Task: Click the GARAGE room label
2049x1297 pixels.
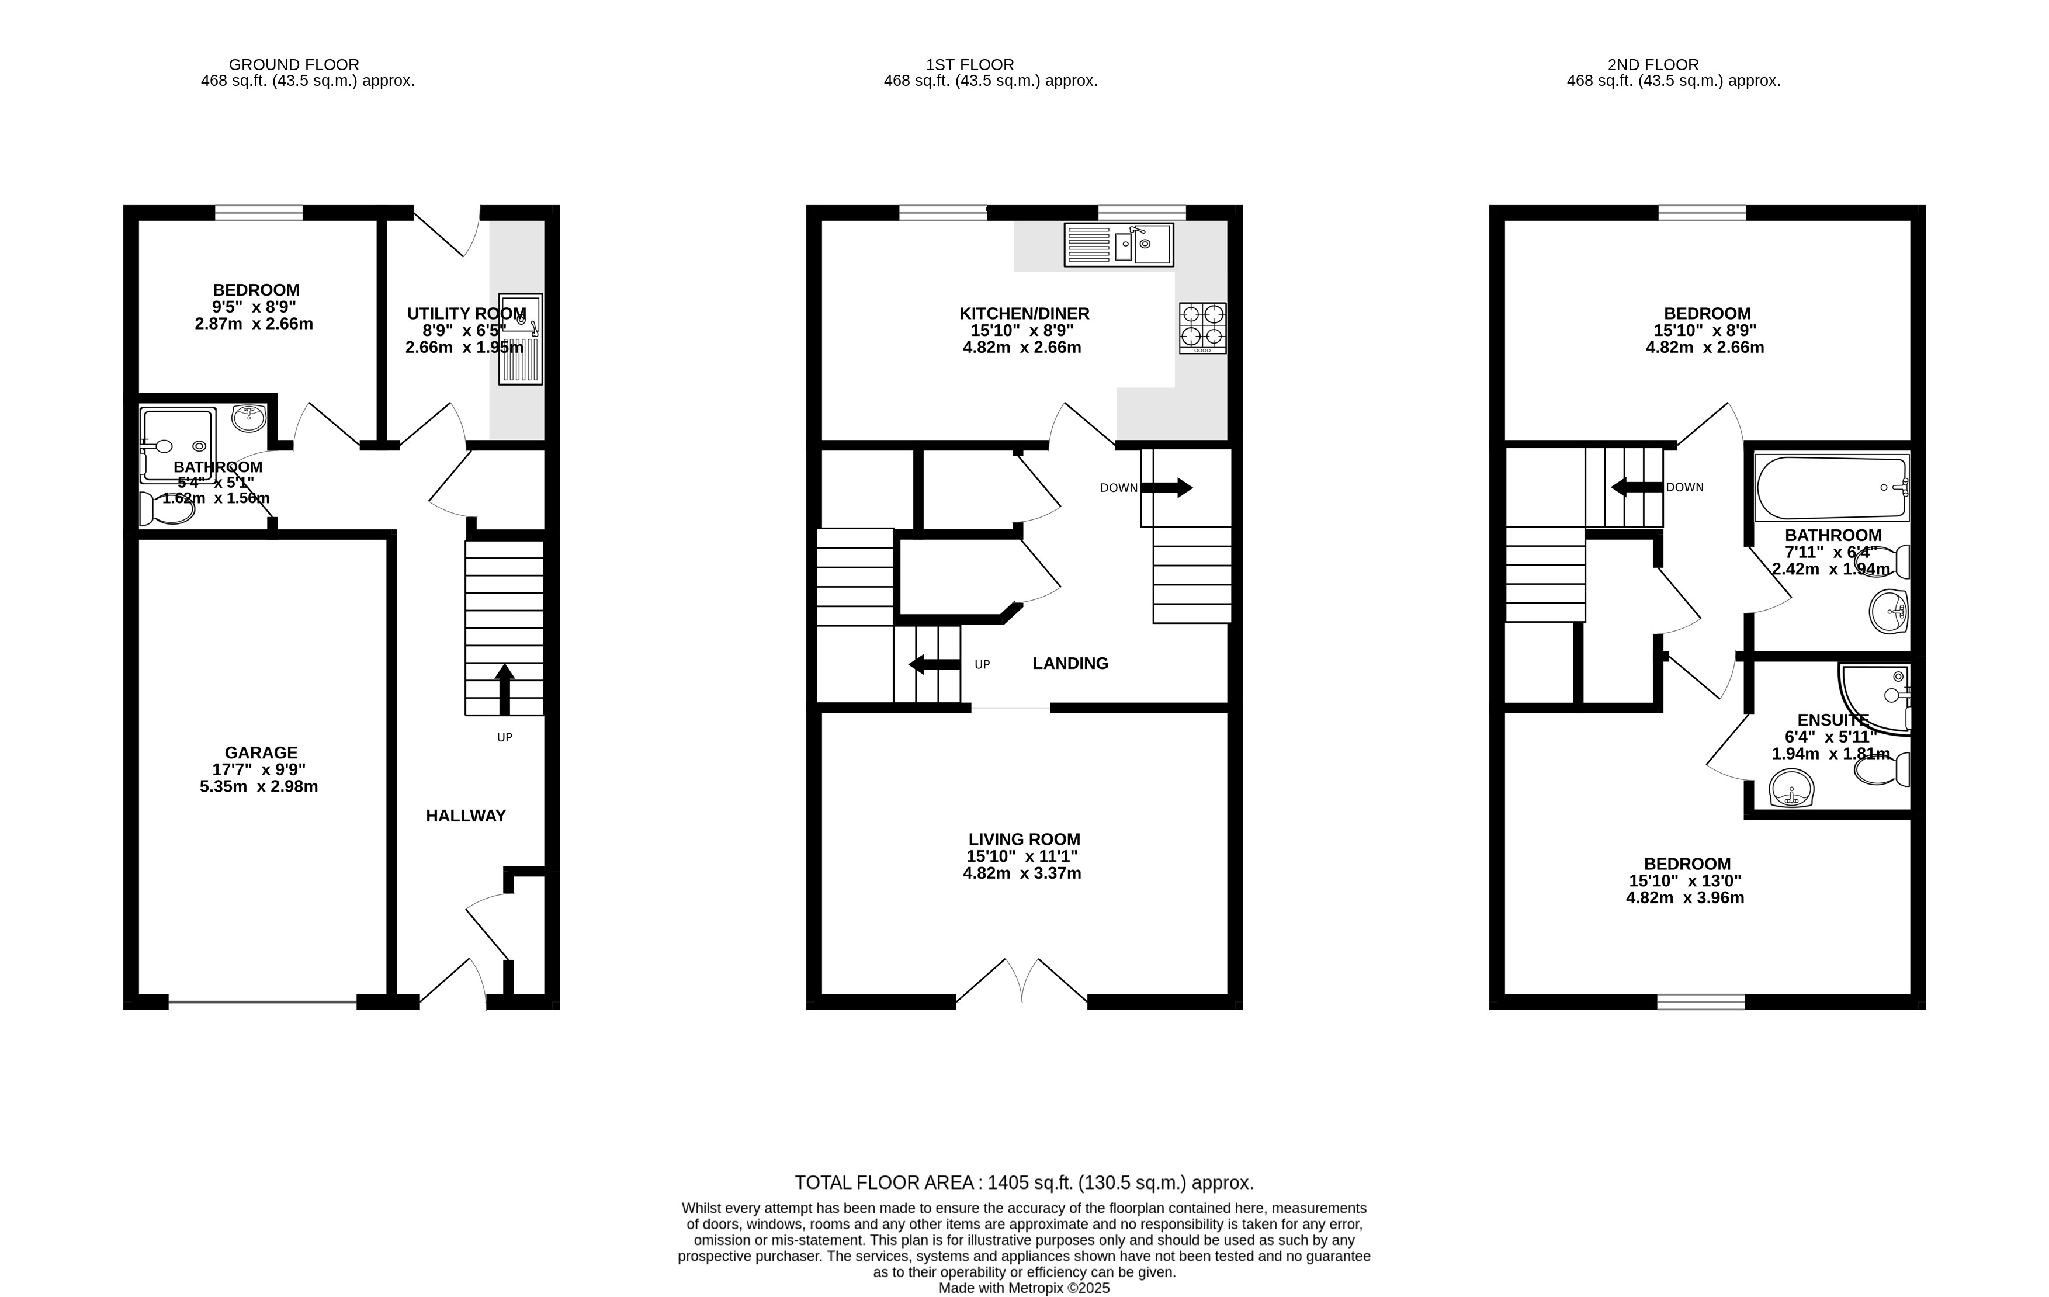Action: pyautogui.click(x=261, y=752)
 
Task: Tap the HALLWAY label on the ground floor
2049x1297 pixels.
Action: pyautogui.click(x=466, y=816)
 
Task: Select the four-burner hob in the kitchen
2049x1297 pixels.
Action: pyautogui.click(x=1202, y=328)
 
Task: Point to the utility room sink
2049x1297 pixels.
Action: pyautogui.click(x=521, y=339)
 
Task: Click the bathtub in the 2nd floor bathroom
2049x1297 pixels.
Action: pyautogui.click(x=1832, y=488)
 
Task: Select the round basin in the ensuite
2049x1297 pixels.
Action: pyautogui.click(x=1791, y=788)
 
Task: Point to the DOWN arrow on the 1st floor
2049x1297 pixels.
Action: pyautogui.click(x=1167, y=488)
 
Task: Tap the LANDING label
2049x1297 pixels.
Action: pyautogui.click(x=1070, y=663)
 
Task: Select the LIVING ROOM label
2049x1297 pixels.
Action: pyautogui.click(x=1025, y=839)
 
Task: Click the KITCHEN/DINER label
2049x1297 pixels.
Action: pyautogui.click(x=1025, y=313)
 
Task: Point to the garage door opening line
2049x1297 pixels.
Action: pyautogui.click(x=262, y=1003)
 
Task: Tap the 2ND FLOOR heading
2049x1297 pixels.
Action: pyautogui.click(x=1653, y=65)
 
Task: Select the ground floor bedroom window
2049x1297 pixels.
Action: pyautogui.click(x=259, y=213)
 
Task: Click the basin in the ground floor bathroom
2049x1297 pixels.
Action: pyautogui.click(x=248, y=417)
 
